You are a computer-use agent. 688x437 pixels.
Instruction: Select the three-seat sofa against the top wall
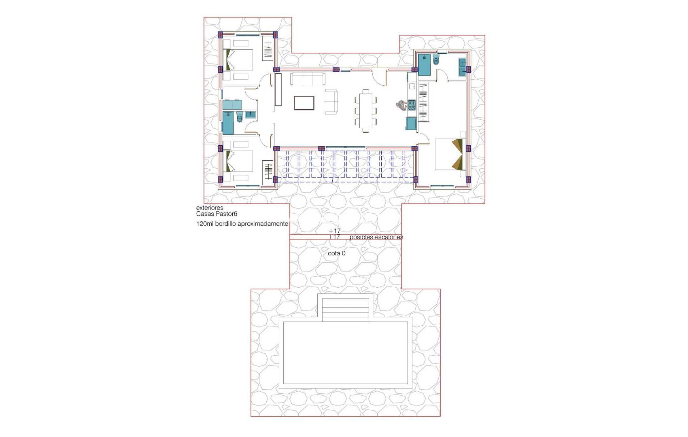pos(308,79)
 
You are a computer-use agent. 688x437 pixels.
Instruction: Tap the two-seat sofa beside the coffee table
pos(331,102)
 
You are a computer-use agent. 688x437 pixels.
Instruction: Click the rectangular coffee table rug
pos(304,103)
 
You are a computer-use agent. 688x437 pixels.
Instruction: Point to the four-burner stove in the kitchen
pos(412,105)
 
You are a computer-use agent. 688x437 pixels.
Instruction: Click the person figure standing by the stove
pos(401,105)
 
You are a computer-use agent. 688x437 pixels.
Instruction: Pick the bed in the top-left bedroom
pos(239,60)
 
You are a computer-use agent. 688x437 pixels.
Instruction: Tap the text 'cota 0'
pos(337,253)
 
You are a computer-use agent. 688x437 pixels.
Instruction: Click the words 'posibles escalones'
pos(377,237)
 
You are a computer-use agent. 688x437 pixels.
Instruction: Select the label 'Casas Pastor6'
pos(217,214)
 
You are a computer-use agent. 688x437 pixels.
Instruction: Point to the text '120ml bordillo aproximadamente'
pos(242,224)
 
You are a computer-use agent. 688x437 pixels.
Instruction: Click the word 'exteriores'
pos(210,208)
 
